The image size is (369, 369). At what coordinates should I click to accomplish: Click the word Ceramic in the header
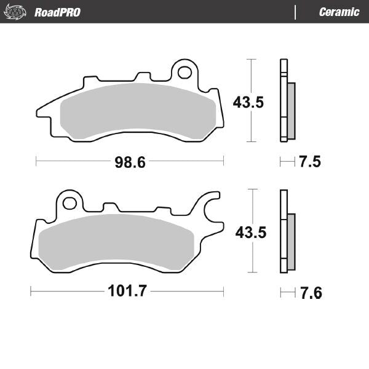tap(339, 12)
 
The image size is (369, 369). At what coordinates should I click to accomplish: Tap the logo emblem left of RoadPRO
tap(17, 12)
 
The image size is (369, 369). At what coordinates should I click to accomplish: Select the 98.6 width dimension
tap(129, 162)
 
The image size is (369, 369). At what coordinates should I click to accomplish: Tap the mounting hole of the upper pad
tap(184, 73)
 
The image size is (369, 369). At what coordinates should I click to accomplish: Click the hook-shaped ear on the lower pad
tap(210, 209)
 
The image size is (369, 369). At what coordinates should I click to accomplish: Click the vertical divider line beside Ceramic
tap(296, 12)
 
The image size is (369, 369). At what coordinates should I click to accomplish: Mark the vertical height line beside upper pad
tap(250, 100)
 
